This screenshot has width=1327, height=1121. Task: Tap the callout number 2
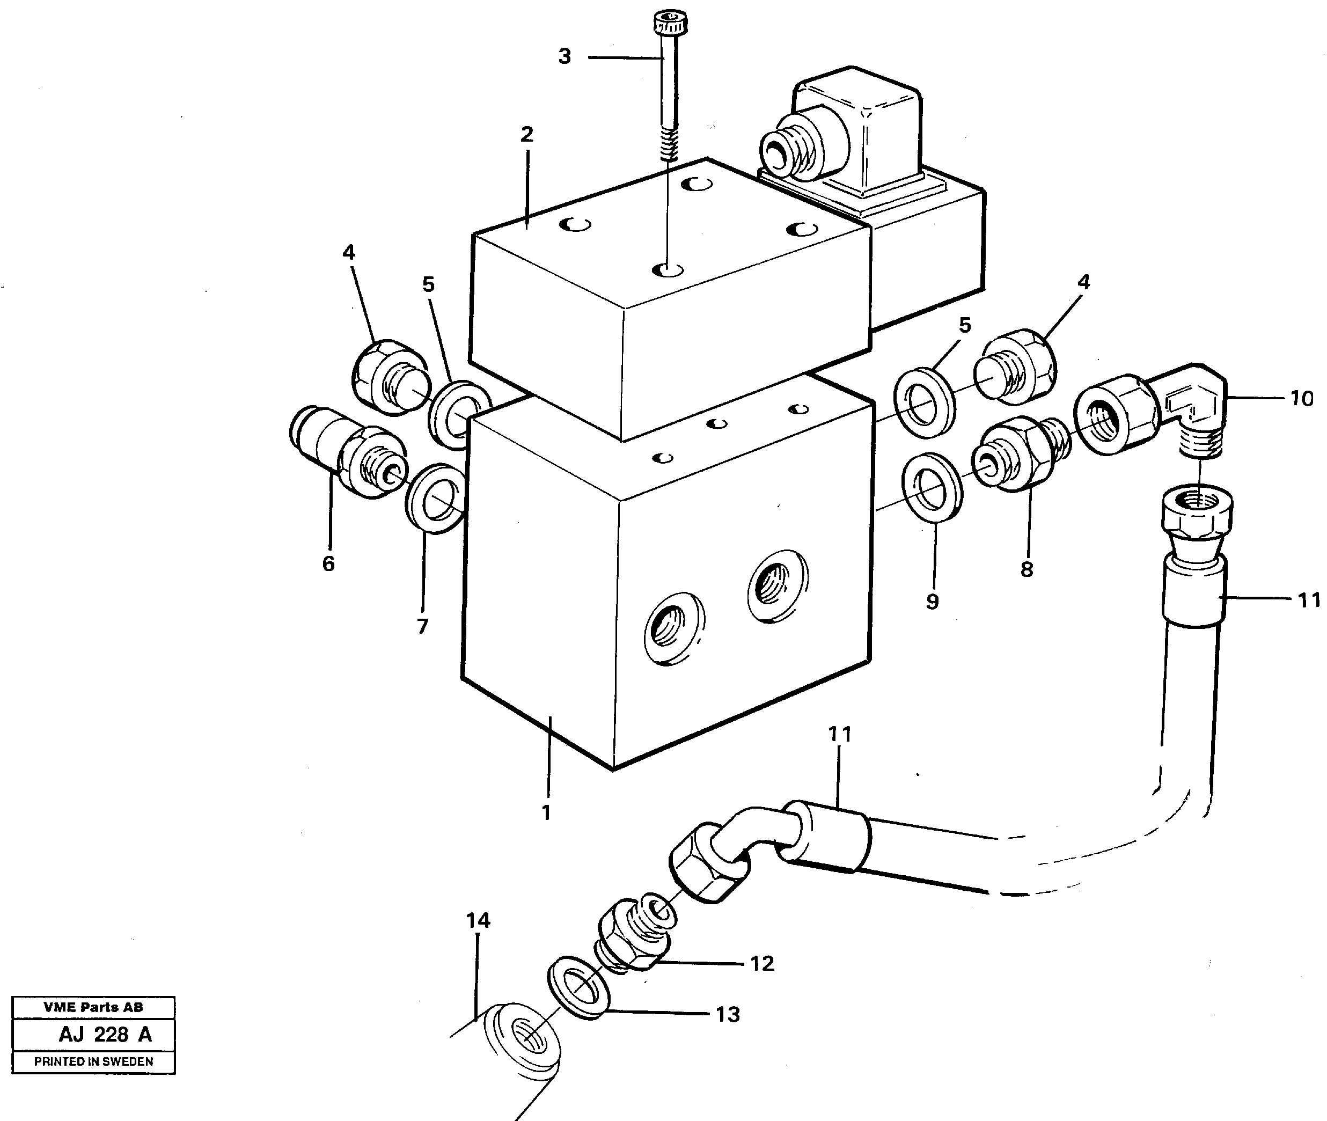pyautogui.click(x=526, y=135)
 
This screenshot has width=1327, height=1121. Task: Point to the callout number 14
pyautogui.click(x=478, y=920)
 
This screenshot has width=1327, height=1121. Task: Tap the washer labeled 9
pyautogui.click(x=932, y=487)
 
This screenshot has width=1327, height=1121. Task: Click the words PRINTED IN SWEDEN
pyautogui.click(x=93, y=1061)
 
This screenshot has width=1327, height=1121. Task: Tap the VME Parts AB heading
pyautogui.click(x=93, y=1007)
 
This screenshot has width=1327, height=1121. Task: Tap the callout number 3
pyautogui.click(x=564, y=56)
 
